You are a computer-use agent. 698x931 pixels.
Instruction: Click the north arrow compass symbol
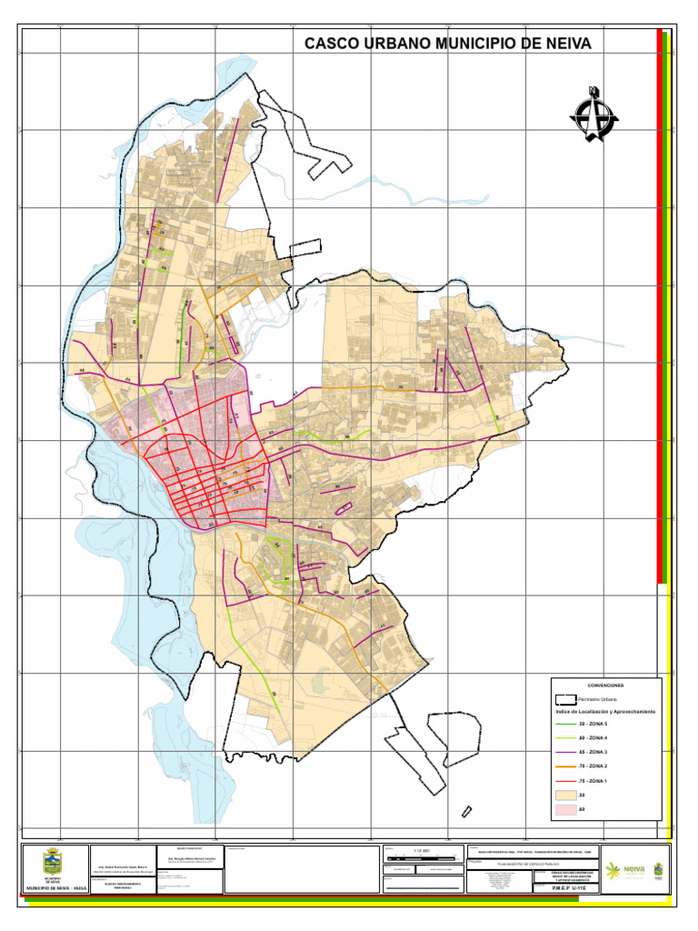pos(594,115)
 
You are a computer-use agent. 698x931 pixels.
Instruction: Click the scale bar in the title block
pos(423,857)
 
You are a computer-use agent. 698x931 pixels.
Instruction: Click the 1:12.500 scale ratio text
pos(421,848)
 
